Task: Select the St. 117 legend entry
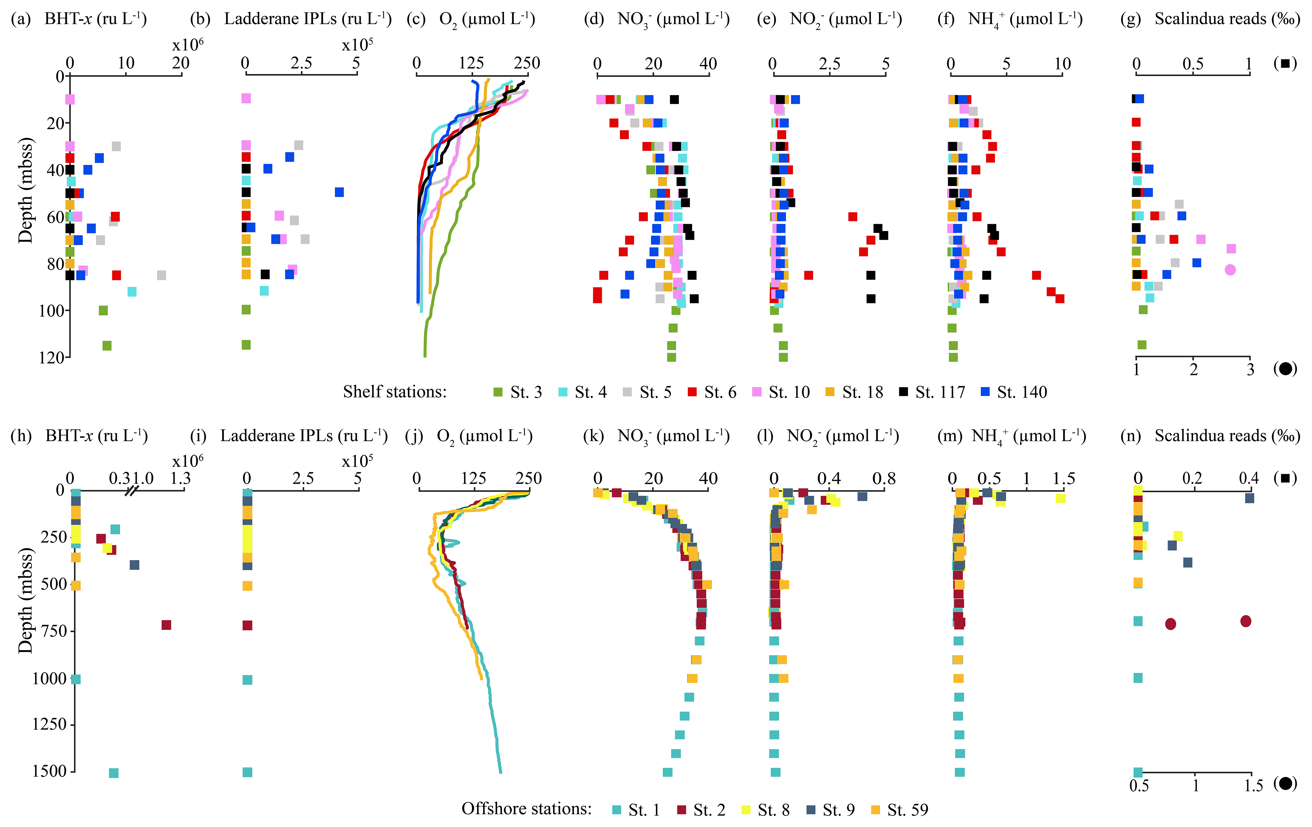pos(931,392)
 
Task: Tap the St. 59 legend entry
pos(899,810)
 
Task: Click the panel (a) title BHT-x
pos(95,19)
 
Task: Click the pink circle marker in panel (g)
pos(1230,270)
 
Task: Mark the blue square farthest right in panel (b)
pos(339,192)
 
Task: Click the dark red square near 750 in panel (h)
pos(166,625)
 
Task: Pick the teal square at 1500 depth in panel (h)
pos(113,773)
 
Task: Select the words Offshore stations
pos(526,809)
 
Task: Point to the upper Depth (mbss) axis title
pos(26,190)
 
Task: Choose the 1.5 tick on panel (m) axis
pos(1064,478)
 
